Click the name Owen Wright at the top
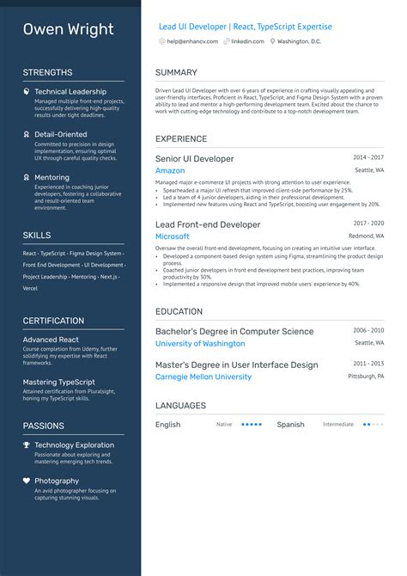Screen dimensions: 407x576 pos(68,29)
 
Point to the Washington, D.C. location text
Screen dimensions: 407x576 pos(299,41)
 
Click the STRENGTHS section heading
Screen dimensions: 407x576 pos(47,72)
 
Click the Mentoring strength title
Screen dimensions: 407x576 pos(52,178)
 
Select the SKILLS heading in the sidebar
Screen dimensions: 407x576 pos(37,235)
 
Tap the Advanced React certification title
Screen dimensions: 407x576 pos(51,340)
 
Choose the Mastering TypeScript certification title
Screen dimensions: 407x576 pos(59,382)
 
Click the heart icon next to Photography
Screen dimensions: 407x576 pos(27,481)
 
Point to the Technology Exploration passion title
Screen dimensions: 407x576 pos(74,445)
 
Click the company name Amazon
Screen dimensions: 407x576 pos(170,171)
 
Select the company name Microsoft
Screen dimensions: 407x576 pos(173,236)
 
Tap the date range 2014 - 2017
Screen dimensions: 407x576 pos(368,157)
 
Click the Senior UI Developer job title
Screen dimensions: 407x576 pos(194,159)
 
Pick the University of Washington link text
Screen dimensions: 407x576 pos(200,344)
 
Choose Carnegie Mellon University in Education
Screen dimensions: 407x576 pos(203,377)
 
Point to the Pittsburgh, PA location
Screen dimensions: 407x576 pos(366,377)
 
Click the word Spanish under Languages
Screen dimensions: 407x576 pos(290,425)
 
